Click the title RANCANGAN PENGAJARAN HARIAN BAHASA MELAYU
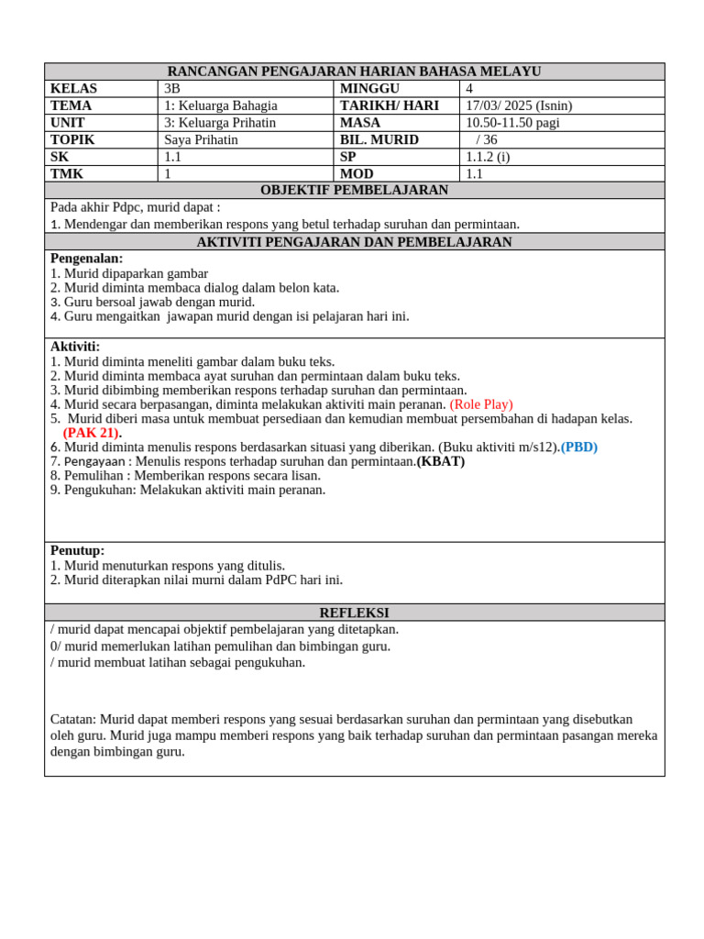pyautogui.click(x=354, y=72)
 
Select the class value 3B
pyautogui.click(x=172, y=89)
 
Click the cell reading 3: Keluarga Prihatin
pyautogui.click(x=220, y=123)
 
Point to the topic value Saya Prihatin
pyautogui.click(x=201, y=140)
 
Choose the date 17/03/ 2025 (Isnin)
pyautogui.click(x=519, y=105)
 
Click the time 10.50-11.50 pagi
pyautogui.click(x=512, y=123)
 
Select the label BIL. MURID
pyautogui.click(x=379, y=140)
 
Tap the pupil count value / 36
pyautogui.click(x=486, y=140)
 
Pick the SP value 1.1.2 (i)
pyautogui.click(x=488, y=157)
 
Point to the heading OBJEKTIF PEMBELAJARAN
pyautogui.click(x=354, y=191)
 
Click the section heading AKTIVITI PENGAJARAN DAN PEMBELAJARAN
pyautogui.click(x=354, y=242)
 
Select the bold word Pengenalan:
pyautogui.click(x=86, y=259)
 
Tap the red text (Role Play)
pyautogui.click(x=481, y=404)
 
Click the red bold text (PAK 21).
pyautogui.click(x=92, y=433)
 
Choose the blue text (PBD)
pyautogui.click(x=579, y=447)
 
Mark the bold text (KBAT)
pyautogui.click(x=441, y=461)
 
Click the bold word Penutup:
pyautogui.click(x=77, y=550)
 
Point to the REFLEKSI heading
pyautogui.click(x=354, y=613)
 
